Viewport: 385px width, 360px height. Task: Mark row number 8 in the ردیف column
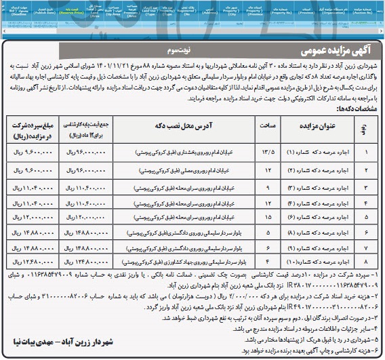[x=369, y=260]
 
